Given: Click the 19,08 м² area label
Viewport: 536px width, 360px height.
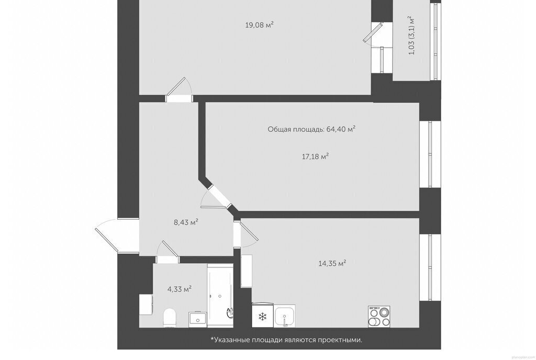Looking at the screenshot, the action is [260, 25].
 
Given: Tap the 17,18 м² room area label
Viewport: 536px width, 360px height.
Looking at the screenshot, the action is [315, 156].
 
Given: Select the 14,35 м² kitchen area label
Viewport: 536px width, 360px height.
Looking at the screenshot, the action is [332, 263].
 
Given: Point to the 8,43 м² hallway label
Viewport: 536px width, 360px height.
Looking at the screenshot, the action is [186, 222].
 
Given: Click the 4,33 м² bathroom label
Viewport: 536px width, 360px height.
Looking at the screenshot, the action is [179, 289].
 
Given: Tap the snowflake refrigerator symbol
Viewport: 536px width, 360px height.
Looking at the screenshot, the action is [263, 317].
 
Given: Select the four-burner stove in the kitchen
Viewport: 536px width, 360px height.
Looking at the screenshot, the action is [379, 317].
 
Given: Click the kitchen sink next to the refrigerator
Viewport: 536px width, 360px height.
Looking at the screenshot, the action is [285, 316].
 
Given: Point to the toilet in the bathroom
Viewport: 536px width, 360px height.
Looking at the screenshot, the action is [170, 317].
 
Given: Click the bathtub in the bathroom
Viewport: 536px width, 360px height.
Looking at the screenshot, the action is [220, 291].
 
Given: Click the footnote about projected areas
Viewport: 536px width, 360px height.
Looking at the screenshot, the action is [286, 340].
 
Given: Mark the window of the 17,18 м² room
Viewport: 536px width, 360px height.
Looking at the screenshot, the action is [430, 154].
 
